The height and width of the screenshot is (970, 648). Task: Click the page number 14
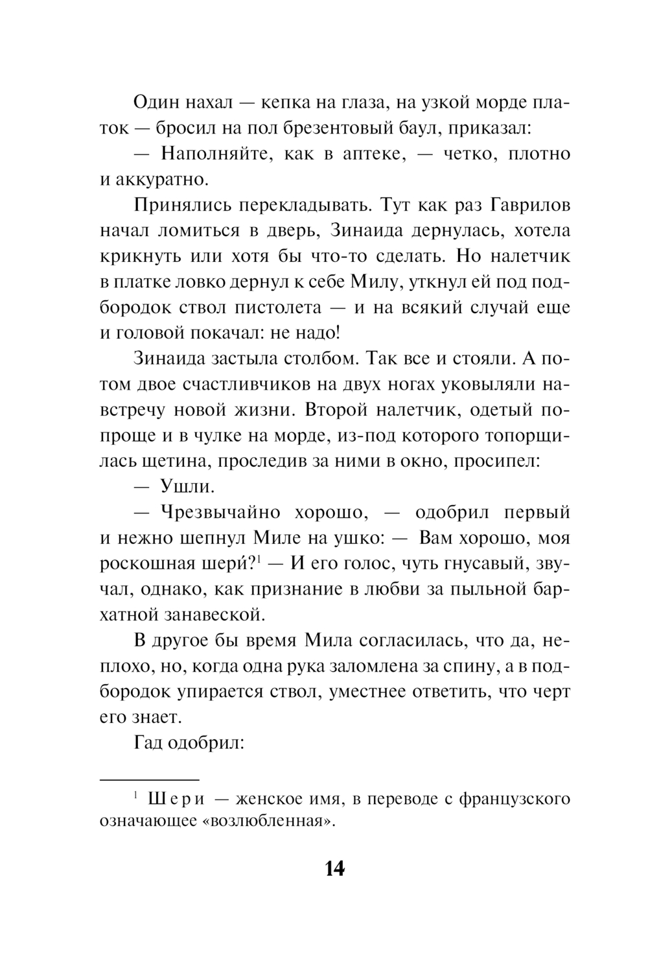[x=334, y=868]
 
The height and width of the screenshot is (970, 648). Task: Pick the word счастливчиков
[x=239, y=384]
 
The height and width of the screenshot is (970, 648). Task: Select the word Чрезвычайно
[x=220, y=512]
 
